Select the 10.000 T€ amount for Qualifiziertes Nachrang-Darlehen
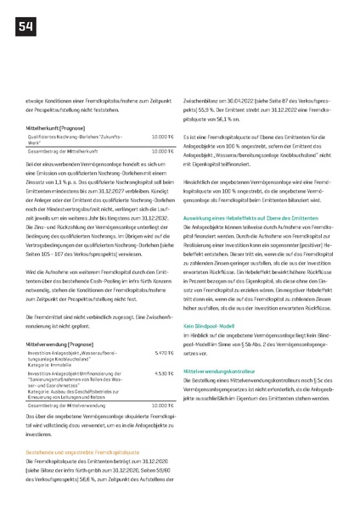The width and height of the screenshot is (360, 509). point(163,136)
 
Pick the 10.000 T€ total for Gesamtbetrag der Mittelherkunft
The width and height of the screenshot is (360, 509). point(163,150)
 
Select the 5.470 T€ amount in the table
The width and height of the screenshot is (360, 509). point(164,328)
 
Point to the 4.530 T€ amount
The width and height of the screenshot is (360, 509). point(164,349)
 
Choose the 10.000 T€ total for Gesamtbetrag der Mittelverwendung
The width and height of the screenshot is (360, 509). point(163,383)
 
